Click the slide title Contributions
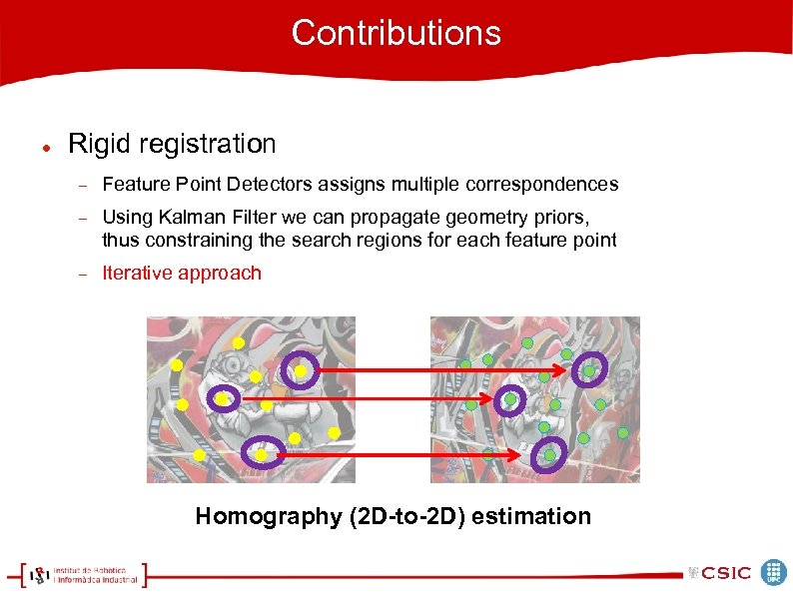coord(396,33)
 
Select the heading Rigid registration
coord(171,144)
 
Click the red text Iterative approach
coord(182,274)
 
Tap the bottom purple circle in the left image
coord(262,454)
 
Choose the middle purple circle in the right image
coord(510,399)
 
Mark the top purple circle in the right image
coord(589,370)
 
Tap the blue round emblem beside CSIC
coord(774,572)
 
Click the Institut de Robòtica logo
coord(84,574)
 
